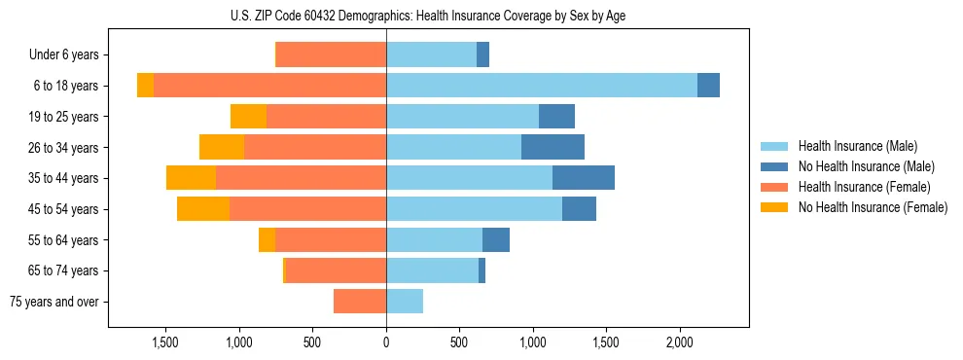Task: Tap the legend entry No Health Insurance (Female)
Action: click(871, 207)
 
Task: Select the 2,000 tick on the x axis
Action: click(680, 342)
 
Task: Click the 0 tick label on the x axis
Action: click(386, 342)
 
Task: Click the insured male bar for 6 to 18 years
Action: click(542, 86)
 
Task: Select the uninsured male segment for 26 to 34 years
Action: click(553, 147)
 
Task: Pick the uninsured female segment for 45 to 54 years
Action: click(203, 209)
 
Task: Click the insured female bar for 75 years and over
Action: click(360, 302)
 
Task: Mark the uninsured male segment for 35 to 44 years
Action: click(584, 178)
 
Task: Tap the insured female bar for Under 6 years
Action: click(331, 54)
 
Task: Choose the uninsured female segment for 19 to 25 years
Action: click(248, 117)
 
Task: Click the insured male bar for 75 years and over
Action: click(405, 302)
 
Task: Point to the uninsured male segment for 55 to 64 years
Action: click(496, 239)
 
